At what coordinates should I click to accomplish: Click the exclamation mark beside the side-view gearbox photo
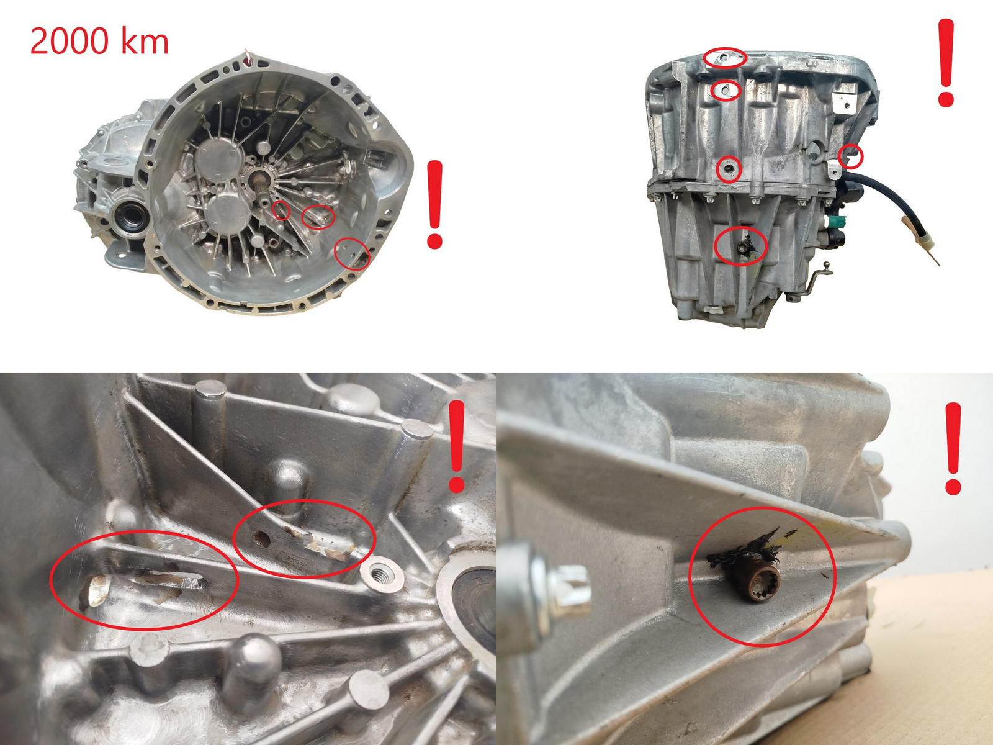pyautogui.click(x=945, y=62)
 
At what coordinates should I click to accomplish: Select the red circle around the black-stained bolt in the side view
pyautogui.click(x=740, y=246)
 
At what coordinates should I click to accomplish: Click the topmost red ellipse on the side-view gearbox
pyautogui.click(x=725, y=57)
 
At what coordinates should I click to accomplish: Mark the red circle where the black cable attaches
pyautogui.click(x=850, y=156)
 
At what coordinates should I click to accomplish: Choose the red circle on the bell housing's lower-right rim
pyautogui.click(x=351, y=253)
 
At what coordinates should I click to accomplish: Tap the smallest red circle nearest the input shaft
pyautogui.click(x=282, y=210)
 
